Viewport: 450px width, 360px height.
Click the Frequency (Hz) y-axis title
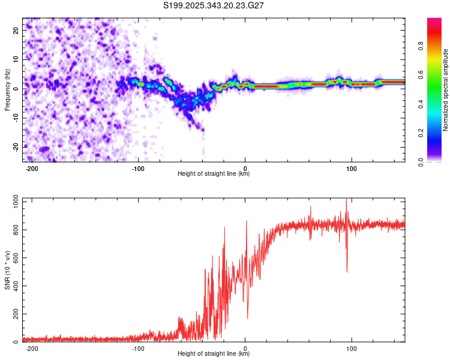click(7, 90)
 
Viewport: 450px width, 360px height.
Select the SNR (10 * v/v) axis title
click(7, 270)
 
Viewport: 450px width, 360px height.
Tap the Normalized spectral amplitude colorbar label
click(445, 90)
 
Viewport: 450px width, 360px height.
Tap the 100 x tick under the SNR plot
click(352, 349)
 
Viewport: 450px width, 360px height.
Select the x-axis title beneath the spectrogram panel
click(214, 174)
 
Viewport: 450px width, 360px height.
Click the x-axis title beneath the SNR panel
click(214, 355)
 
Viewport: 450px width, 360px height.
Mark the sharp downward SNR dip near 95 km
click(347, 271)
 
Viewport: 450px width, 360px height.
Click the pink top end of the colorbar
click(434, 21)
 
